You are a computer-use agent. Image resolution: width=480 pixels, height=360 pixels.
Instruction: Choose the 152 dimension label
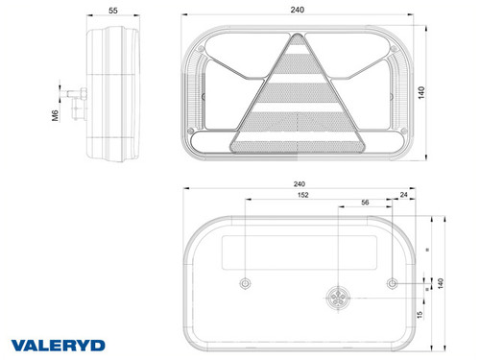(302, 195)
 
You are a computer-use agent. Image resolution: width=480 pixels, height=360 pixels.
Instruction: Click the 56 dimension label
(365, 203)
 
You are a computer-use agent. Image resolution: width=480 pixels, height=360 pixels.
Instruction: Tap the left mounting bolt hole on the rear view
(246, 283)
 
